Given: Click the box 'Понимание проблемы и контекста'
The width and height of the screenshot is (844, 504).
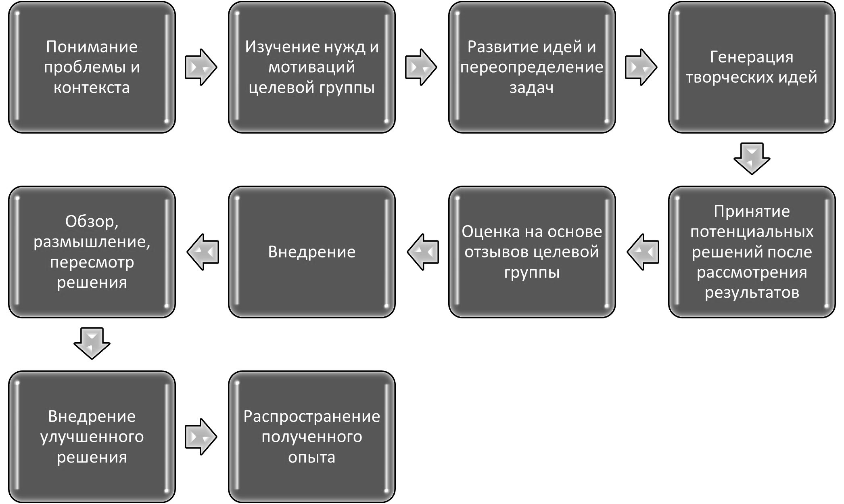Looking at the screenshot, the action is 92,67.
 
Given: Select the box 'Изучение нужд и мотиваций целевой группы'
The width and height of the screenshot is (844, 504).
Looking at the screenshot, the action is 312,67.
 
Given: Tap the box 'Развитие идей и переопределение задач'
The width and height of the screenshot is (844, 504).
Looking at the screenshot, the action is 532,67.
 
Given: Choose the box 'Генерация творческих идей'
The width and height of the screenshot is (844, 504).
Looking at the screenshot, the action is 752,67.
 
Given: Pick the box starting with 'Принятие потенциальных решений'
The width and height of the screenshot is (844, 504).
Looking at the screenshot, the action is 752,252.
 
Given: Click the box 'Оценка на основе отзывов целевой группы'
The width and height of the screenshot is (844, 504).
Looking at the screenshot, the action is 532,252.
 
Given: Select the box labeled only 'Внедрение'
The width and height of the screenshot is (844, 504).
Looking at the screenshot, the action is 312,252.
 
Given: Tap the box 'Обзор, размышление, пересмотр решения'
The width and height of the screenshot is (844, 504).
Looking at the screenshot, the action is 92,252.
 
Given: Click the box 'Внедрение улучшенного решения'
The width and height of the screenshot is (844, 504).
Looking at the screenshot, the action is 92,437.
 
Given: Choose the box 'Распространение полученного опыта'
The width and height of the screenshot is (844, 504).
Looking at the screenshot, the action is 312,437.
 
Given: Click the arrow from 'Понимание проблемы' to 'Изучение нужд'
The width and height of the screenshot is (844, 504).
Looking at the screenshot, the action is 201,67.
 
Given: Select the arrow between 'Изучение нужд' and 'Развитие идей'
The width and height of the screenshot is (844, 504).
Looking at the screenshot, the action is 421,67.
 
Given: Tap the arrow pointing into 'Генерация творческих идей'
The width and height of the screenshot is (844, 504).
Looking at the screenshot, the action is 641,67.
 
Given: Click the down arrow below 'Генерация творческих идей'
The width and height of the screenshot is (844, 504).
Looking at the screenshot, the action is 752,159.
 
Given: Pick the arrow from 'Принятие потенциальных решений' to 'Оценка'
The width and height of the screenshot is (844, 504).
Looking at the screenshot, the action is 643,252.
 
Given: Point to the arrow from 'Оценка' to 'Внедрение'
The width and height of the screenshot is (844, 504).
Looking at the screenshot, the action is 423,252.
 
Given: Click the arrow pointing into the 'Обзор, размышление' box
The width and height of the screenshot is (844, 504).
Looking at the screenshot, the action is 203,252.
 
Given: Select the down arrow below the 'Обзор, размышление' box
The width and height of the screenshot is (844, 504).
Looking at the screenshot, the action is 92,343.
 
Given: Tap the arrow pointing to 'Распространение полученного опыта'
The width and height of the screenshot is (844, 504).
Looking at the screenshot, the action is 201,437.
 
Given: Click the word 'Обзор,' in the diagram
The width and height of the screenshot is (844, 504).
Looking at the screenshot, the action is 92,221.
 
